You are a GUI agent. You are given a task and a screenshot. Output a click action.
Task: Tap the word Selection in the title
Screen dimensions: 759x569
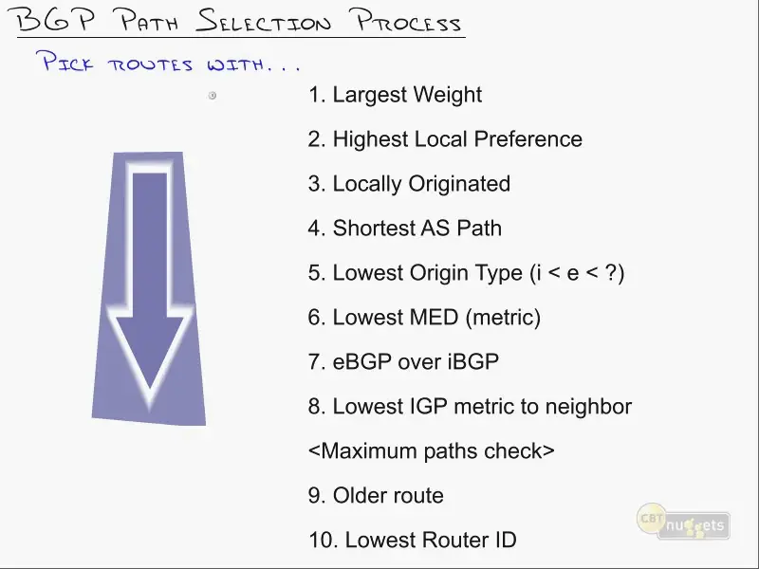pyautogui.click(x=264, y=21)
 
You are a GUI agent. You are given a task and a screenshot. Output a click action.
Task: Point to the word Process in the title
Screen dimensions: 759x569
pyautogui.click(x=408, y=21)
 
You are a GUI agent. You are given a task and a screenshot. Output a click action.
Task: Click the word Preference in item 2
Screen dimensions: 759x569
pyautogui.click(x=528, y=138)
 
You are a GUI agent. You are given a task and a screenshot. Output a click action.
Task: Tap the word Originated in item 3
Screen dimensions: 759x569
pyautogui.click(x=459, y=184)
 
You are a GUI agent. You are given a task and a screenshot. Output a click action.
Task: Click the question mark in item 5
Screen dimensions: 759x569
pyautogui.click(x=611, y=273)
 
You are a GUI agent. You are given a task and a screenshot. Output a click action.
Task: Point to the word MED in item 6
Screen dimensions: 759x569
pyautogui.click(x=434, y=318)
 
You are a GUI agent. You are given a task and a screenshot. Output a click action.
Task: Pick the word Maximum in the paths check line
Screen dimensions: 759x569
pyautogui.click(x=369, y=451)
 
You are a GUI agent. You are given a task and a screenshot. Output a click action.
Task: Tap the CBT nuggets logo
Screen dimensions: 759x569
pyautogui.click(x=683, y=522)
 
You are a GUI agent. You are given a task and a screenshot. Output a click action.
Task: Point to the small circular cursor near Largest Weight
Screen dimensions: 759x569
pyautogui.click(x=212, y=96)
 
